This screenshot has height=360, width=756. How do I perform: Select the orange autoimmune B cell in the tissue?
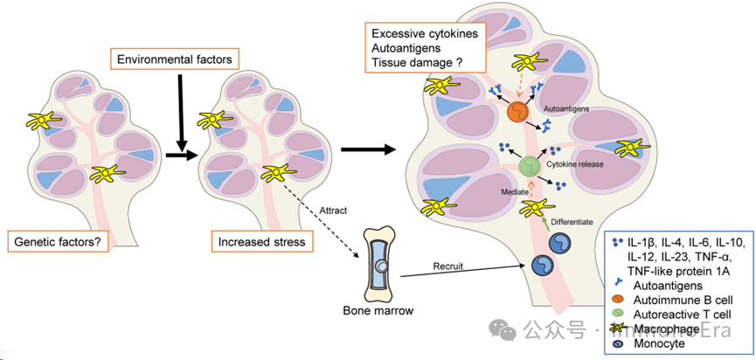[518, 112]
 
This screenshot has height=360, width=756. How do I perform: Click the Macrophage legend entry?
[672, 329]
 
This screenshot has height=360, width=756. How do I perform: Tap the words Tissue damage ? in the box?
[417, 63]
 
